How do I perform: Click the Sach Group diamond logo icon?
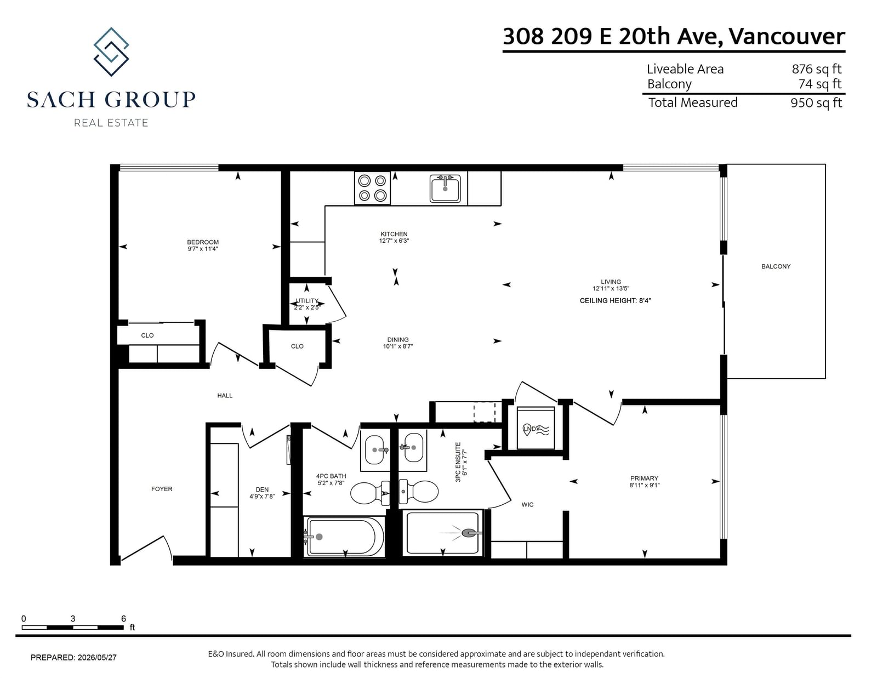pos(111,52)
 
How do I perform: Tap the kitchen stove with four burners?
pos(372,188)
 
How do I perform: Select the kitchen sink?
pos(445,189)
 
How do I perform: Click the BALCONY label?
pos(776,266)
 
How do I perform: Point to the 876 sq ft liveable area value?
pos(817,69)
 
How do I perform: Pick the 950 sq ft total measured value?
pos(816,102)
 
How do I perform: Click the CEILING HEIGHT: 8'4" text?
pos(615,301)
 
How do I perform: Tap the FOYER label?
pos(162,489)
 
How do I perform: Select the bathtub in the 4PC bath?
pos(344,537)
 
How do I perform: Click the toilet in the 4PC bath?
pos(370,493)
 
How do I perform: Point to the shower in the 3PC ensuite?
pos(443,533)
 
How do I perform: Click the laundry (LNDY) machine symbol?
pos(536,428)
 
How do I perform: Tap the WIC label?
pos(527,504)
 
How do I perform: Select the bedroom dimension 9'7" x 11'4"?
pos(203,249)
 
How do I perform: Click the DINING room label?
pos(398,340)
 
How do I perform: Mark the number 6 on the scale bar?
pos(123,618)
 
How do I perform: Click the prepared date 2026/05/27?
pos(97,657)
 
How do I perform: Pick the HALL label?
pos(225,396)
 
